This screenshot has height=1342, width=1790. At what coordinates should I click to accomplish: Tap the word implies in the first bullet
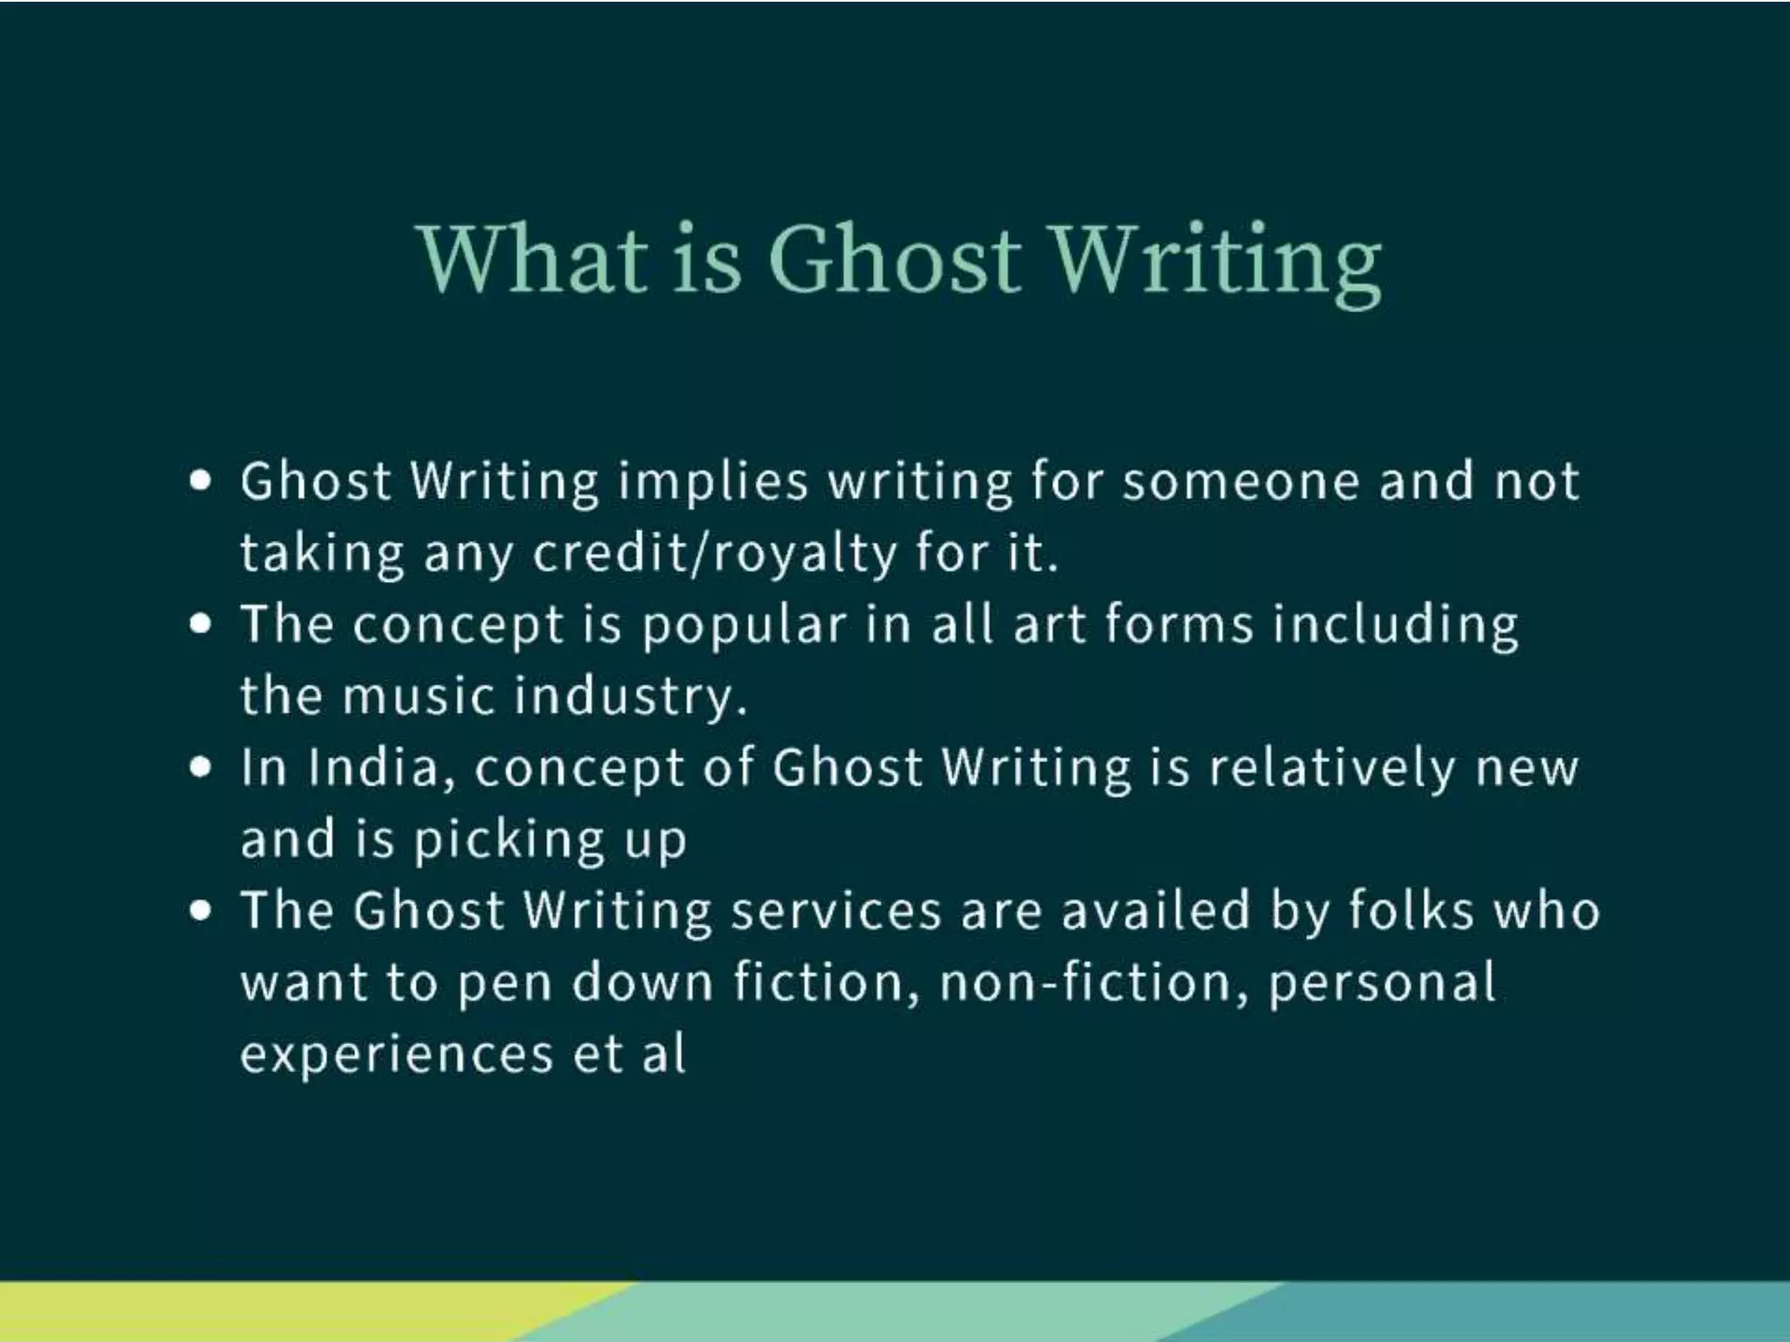(x=712, y=482)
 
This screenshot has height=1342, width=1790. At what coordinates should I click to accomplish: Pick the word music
(x=419, y=696)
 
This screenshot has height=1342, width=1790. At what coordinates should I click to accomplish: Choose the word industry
(x=630, y=697)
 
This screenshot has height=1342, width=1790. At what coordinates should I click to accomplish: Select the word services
(x=836, y=910)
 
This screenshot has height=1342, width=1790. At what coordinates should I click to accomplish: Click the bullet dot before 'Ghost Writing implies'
(x=201, y=481)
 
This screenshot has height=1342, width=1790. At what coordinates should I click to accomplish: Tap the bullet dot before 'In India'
(x=201, y=767)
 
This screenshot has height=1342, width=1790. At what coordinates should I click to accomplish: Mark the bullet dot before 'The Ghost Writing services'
(x=201, y=910)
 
